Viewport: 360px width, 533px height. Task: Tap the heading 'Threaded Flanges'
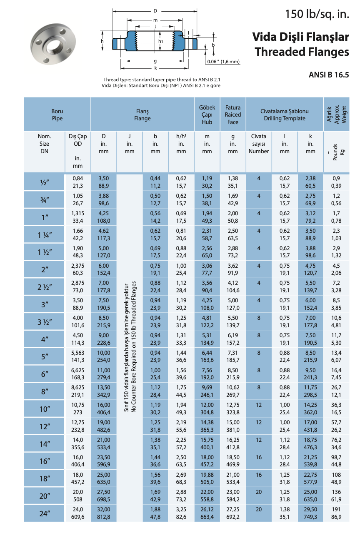click(x=302, y=52)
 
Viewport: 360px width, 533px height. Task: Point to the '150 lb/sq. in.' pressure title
click(x=317, y=15)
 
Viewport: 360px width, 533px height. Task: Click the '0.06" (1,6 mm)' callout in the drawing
click(x=223, y=62)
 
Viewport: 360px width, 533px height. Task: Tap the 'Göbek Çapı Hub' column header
click(x=207, y=115)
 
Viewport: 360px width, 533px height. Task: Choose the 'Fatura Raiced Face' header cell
click(x=233, y=115)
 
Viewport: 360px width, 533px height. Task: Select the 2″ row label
click(x=45, y=269)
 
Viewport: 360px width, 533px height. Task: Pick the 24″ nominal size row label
click(x=45, y=513)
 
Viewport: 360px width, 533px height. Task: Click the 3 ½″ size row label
click(x=45, y=322)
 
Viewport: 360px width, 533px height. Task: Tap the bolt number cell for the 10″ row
click(x=259, y=405)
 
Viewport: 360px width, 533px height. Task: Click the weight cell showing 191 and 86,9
click(x=337, y=513)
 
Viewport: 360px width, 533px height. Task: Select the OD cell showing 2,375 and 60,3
click(x=77, y=269)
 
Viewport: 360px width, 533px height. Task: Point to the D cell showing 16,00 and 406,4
click(x=103, y=409)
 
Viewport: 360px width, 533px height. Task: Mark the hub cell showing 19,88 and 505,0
click(x=207, y=478)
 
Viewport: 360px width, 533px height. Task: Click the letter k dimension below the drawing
click(x=155, y=68)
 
